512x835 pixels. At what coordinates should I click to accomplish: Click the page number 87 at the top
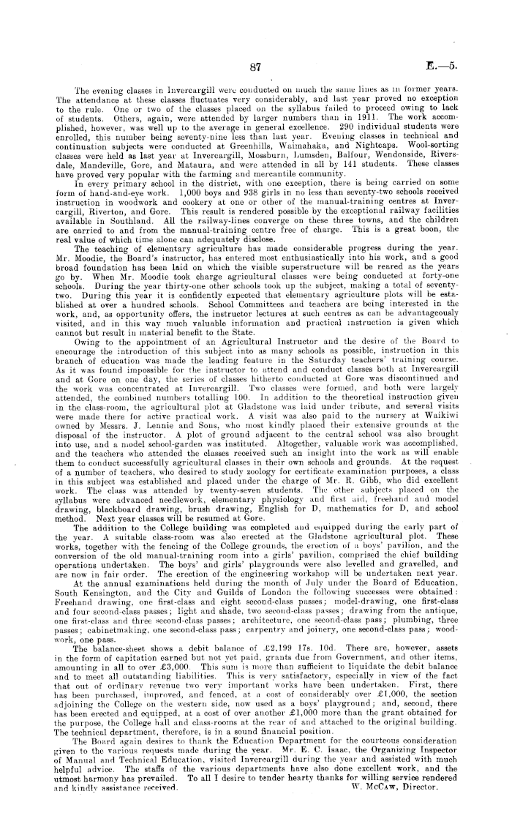pos(255,67)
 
